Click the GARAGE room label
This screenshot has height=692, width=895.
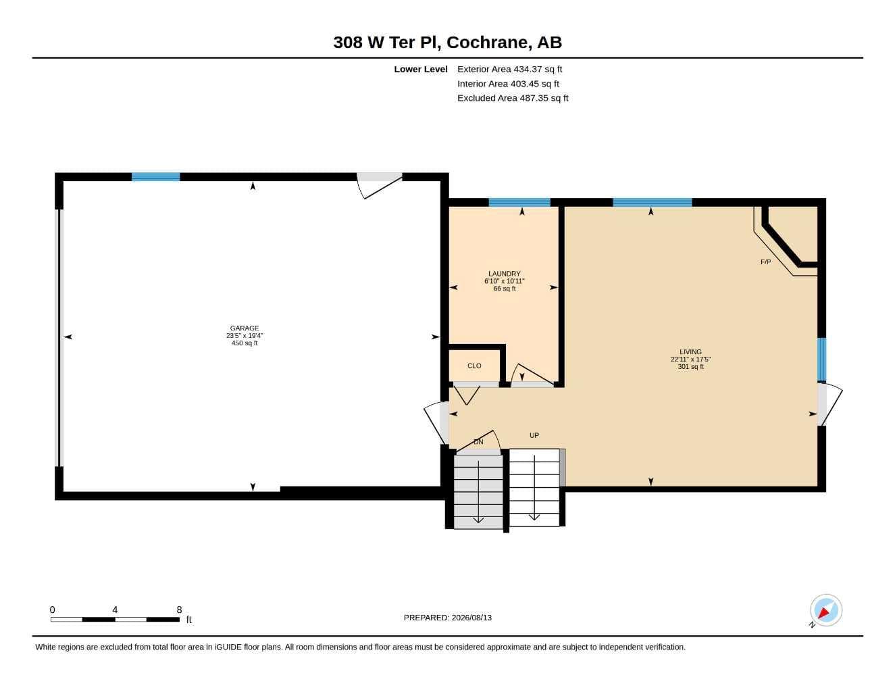coord(245,328)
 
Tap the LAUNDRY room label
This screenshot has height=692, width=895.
coord(504,274)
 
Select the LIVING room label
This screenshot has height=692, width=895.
coord(690,352)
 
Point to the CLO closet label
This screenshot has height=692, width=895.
coord(474,366)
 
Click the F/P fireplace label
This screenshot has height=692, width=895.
coord(765,262)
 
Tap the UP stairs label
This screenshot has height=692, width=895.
coord(534,435)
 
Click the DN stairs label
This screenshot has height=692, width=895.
coord(478,441)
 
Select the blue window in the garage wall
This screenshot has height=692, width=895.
coord(155,176)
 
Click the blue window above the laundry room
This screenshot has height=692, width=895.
coord(519,202)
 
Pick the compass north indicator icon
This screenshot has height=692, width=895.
coord(826,610)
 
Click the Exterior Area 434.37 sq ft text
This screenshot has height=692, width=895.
coord(509,69)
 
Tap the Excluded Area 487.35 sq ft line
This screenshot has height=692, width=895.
coord(513,98)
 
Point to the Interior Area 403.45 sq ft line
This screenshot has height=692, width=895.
coord(508,84)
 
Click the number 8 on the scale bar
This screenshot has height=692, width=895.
coord(179,609)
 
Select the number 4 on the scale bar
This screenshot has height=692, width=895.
coord(115,609)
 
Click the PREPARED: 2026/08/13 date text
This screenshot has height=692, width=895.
coord(448,618)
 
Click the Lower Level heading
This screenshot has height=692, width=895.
coord(421,69)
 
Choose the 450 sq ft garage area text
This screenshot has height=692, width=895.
coord(245,343)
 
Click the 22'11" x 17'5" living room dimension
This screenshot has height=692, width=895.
coord(690,360)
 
